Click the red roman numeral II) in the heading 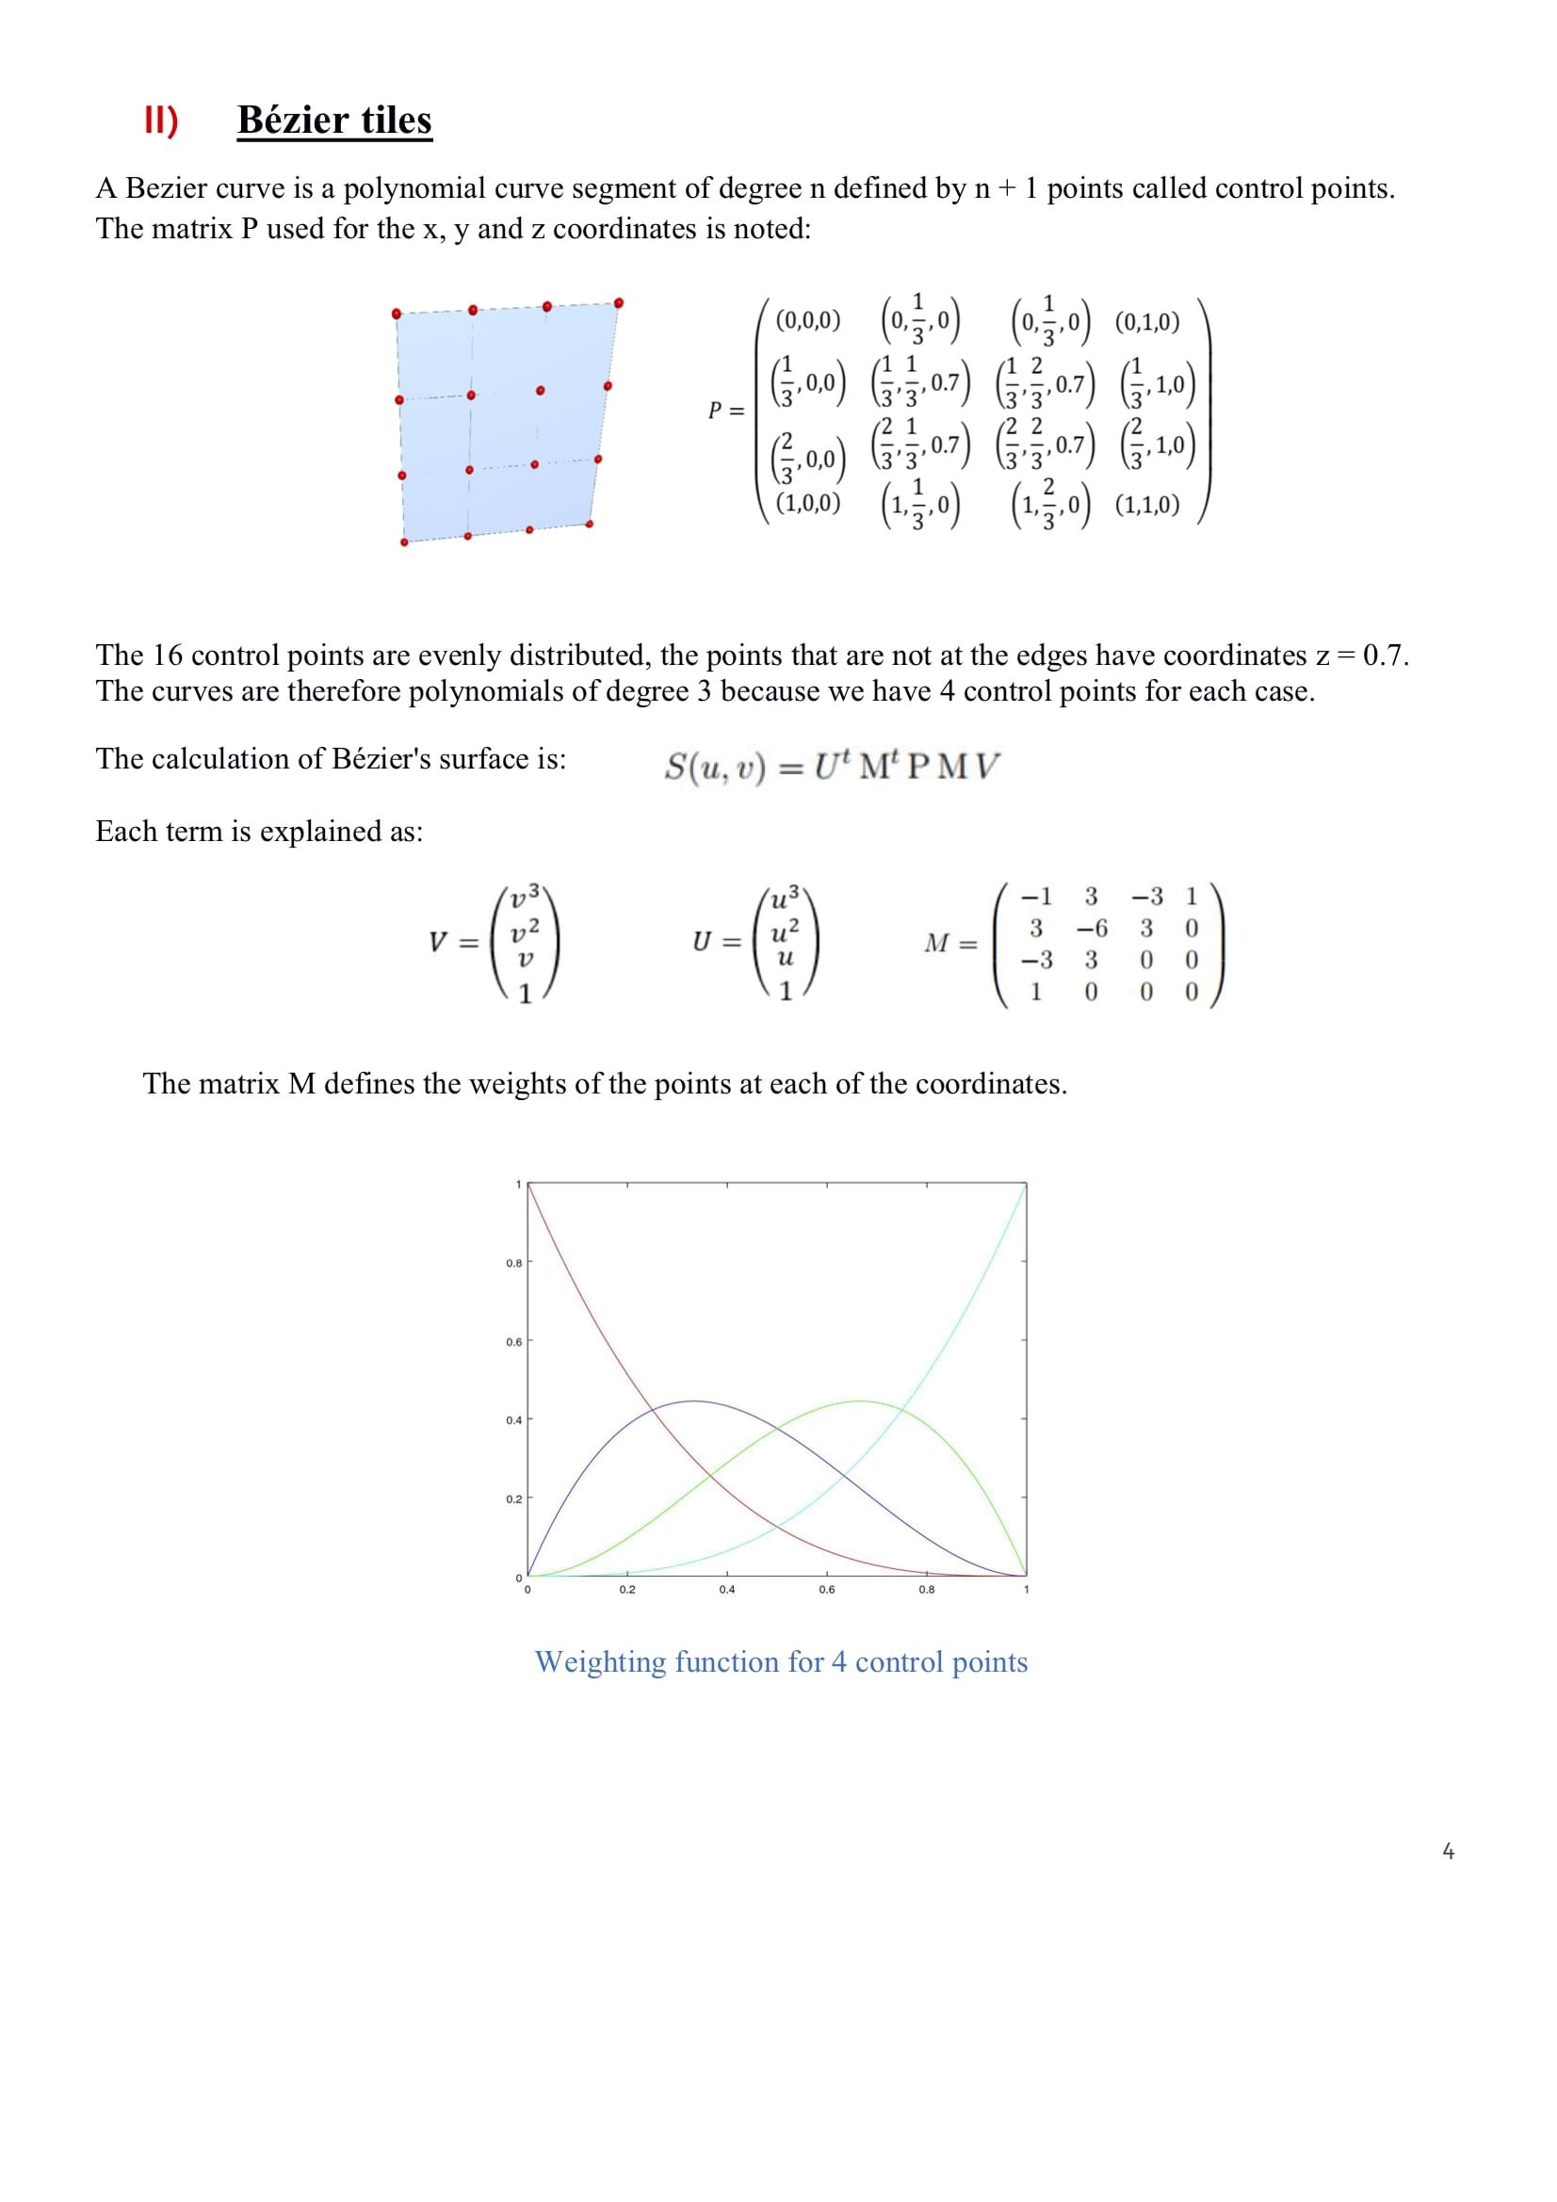(161, 121)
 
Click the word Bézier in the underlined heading (294, 120)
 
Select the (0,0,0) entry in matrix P (807, 320)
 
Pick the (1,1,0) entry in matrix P (1146, 506)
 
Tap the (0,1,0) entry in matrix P (1146, 321)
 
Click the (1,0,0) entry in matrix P (807, 504)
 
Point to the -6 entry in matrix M (1091, 929)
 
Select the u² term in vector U (785, 929)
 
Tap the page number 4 (1448, 1851)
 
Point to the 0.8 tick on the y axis (514, 1263)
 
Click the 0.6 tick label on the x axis (826, 1590)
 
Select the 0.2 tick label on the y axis (514, 1499)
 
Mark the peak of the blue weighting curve (693, 1401)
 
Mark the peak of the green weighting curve (861, 1401)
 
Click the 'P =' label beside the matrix (726, 411)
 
